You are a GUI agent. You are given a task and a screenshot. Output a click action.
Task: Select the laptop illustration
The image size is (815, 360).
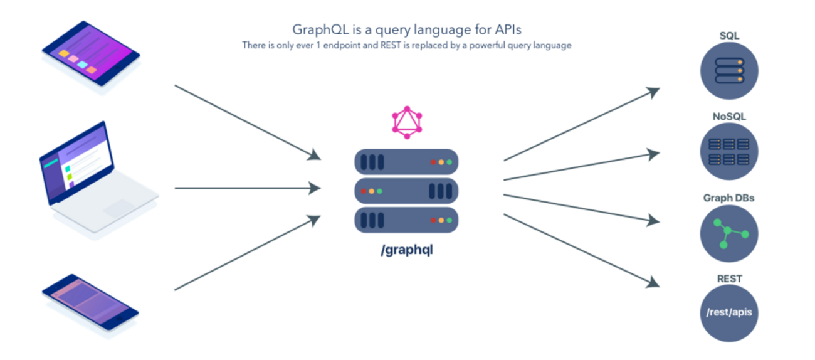tap(97, 179)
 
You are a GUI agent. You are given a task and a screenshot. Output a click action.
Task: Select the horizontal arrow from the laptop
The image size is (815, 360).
tap(248, 188)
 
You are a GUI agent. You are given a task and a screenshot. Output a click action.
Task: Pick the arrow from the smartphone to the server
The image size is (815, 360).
tap(247, 254)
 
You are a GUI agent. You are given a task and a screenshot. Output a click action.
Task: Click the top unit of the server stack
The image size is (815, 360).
tap(406, 162)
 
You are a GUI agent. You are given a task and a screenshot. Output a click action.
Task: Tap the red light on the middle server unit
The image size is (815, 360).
tap(364, 191)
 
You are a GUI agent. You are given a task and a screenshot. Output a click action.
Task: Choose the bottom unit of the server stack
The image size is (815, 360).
tap(406, 220)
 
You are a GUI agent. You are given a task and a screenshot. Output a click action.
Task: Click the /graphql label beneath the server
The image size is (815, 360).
tap(407, 250)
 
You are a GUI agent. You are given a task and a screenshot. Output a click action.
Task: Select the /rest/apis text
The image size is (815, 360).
tap(729, 312)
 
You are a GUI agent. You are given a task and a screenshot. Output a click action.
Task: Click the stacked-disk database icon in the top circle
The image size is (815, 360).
tap(729, 71)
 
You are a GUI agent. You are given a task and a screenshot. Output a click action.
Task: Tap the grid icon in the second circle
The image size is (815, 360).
tap(729, 152)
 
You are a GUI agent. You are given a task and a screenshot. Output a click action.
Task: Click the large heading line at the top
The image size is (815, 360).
tap(407, 29)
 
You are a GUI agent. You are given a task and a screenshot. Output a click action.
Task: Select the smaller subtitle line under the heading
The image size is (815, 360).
tap(407, 46)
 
